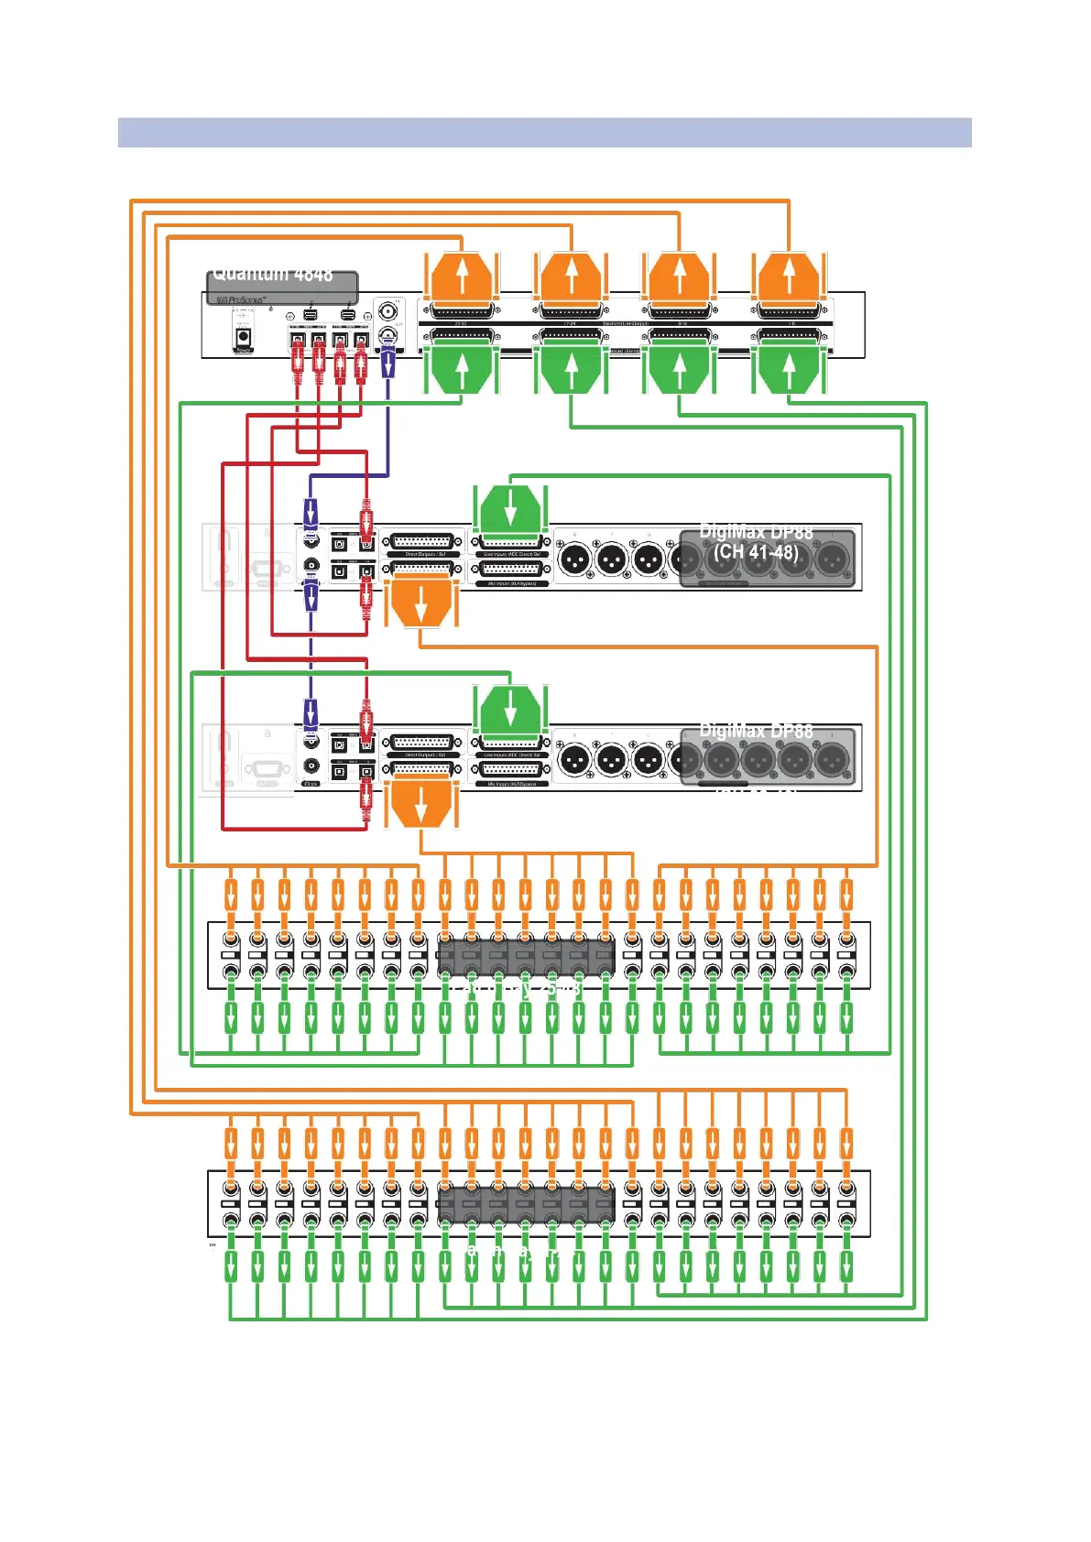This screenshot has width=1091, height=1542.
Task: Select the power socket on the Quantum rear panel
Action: tap(244, 336)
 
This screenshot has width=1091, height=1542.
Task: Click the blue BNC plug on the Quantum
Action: tap(388, 363)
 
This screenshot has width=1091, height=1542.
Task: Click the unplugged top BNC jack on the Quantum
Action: tap(388, 309)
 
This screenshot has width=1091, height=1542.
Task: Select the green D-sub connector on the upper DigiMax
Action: tap(510, 506)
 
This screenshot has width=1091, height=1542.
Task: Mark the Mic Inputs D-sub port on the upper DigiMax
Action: tap(511, 570)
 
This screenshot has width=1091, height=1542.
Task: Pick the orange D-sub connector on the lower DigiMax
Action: tap(420, 802)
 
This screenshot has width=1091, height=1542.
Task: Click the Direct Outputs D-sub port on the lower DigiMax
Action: tap(421, 743)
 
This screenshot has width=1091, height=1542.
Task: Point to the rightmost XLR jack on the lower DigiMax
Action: tap(832, 758)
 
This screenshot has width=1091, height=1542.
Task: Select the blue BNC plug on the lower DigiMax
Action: tap(311, 714)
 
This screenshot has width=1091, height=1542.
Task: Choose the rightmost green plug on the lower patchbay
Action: tap(846, 1267)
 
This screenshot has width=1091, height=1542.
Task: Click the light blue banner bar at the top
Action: tap(544, 132)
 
